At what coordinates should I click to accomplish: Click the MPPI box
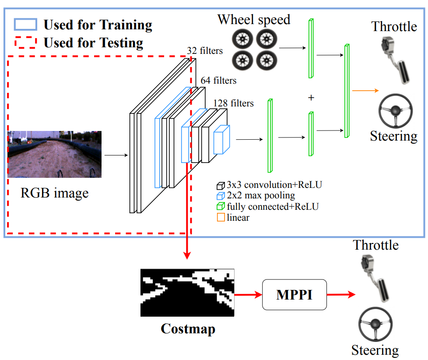click(x=294, y=295)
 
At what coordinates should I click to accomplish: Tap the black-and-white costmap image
click(x=187, y=293)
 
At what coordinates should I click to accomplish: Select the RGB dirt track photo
click(x=54, y=154)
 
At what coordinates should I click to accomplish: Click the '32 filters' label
click(x=204, y=51)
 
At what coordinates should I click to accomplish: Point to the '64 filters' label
click(x=218, y=81)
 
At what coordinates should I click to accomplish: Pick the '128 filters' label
click(x=233, y=103)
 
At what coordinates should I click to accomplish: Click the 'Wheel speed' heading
click(x=254, y=20)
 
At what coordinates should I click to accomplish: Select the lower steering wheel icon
click(x=375, y=325)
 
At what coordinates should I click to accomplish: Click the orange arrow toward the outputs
click(x=365, y=91)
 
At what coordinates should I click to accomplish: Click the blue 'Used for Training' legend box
click(x=25, y=25)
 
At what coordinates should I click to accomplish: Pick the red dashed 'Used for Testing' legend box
click(x=25, y=43)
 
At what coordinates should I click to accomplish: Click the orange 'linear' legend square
click(x=221, y=218)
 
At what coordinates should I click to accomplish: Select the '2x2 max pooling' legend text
click(x=261, y=195)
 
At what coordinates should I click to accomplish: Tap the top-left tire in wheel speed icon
click(x=242, y=40)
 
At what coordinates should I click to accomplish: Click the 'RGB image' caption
click(x=54, y=193)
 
